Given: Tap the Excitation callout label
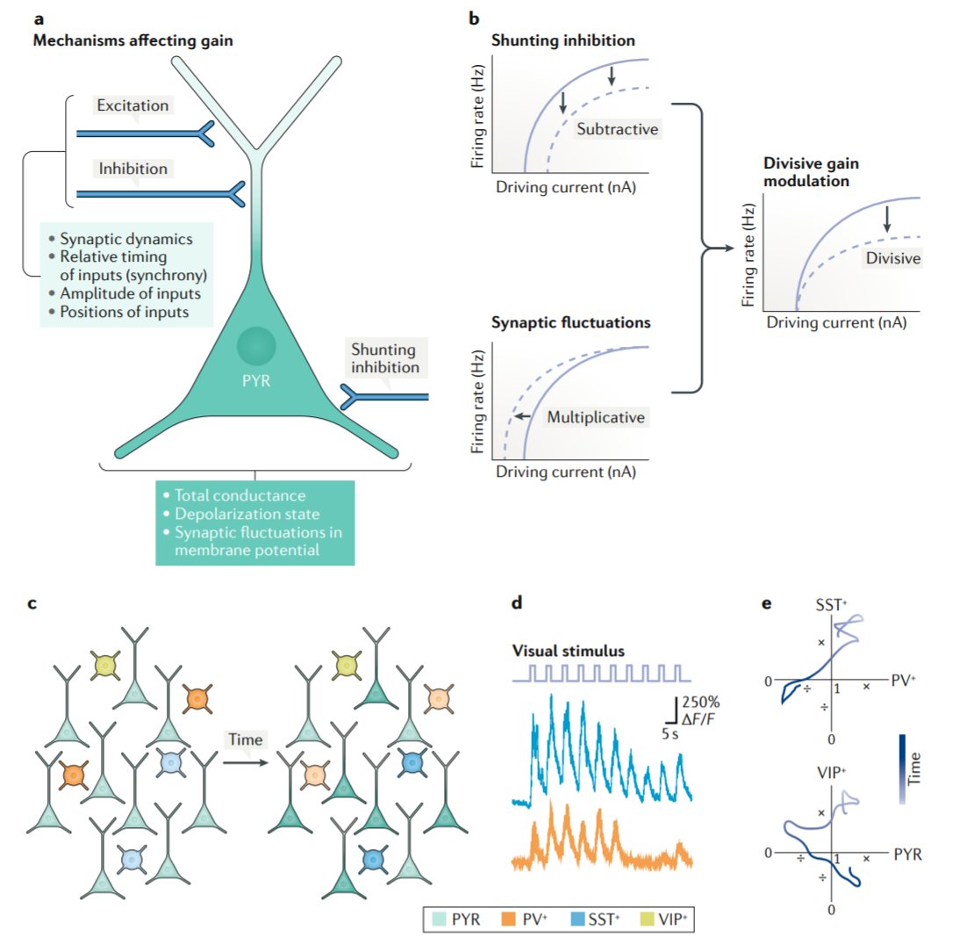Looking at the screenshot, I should point(133,105).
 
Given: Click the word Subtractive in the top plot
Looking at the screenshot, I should point(617,129).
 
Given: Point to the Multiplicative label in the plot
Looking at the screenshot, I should point(596,417).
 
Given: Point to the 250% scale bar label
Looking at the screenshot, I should point(701,703).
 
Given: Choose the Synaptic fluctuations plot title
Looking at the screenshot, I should point(571,322).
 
